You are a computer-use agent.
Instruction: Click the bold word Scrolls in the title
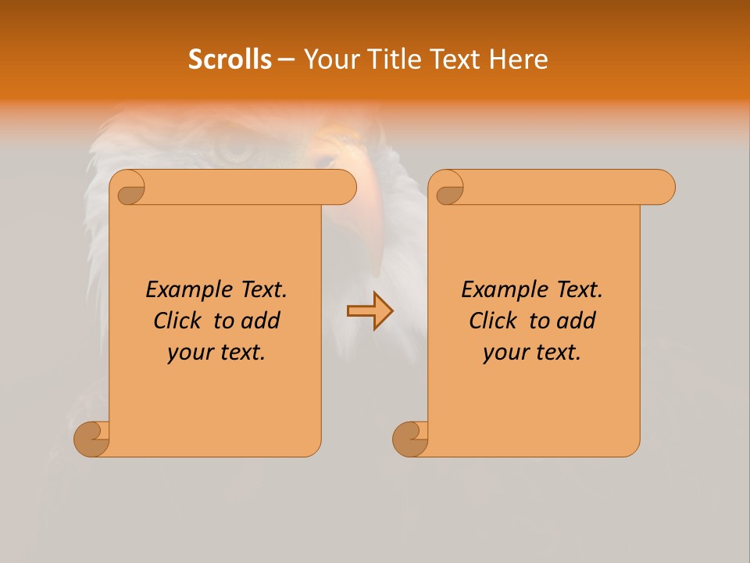tap(230, 59)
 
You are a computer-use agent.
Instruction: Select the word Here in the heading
tap(518, 59)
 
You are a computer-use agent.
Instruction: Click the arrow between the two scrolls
tap(370, 311)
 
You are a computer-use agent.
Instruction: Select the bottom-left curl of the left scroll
tap(91, 439)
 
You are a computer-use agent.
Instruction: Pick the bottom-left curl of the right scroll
tap(409, 439)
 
